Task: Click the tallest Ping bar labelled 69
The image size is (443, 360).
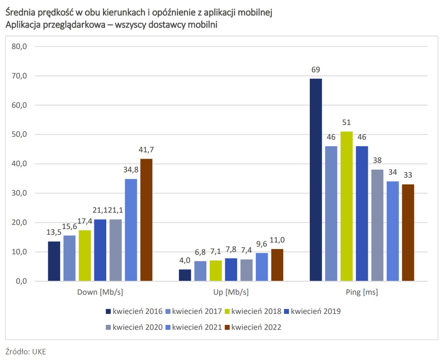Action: (316, 180)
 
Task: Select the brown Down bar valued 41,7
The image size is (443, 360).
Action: (146, 220)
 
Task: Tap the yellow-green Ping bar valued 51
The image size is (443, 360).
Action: (346, 206)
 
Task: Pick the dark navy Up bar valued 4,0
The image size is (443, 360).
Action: (185, 275)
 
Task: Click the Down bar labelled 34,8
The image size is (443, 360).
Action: (131, 230)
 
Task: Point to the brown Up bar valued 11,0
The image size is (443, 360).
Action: (277, 265)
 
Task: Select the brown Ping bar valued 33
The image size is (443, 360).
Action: (408, 233)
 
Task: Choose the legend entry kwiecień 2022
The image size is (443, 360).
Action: (253, 327)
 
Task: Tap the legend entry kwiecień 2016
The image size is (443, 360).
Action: (134, 311)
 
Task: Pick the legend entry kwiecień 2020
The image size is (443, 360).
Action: (134, 327)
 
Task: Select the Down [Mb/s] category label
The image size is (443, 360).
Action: (100, 292)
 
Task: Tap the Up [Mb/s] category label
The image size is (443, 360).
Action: (231, 292)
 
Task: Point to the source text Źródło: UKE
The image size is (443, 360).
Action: (26, 351)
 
